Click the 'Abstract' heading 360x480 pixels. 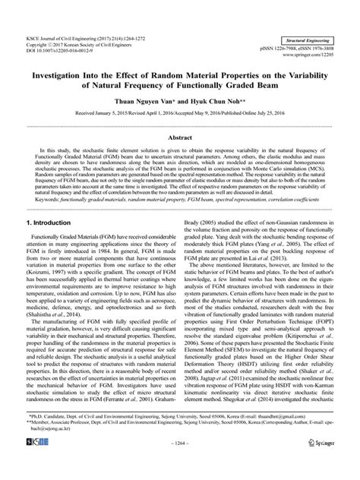[x=179, y=139]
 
